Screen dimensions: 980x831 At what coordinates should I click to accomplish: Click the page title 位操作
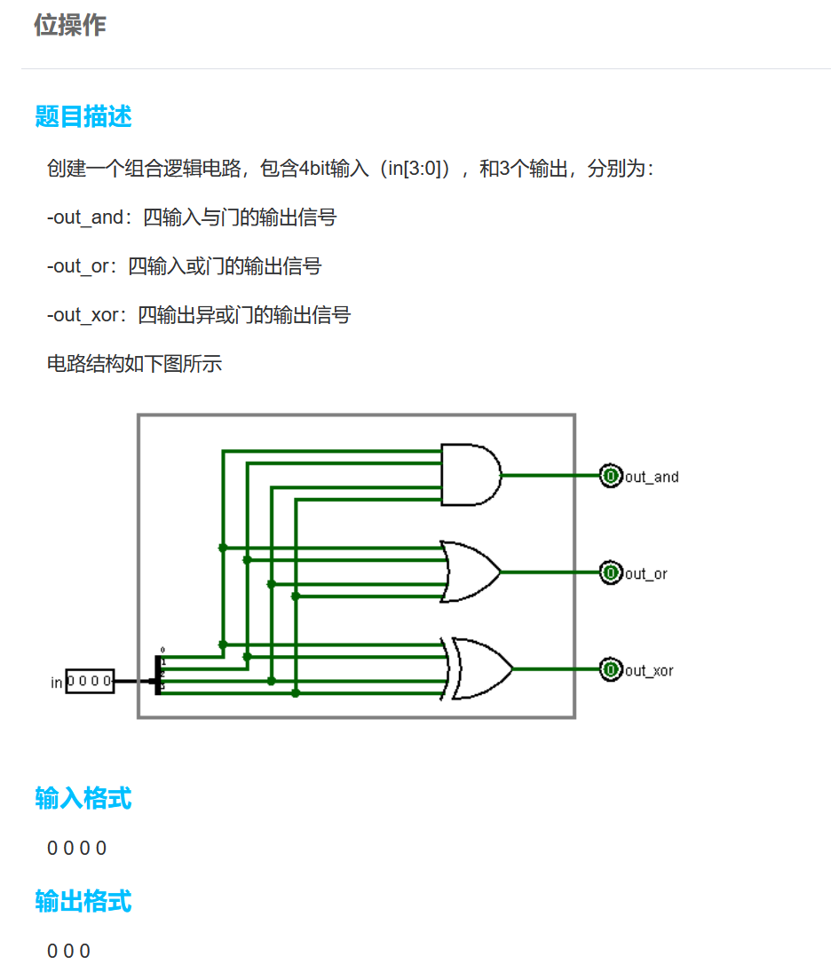(70, 26)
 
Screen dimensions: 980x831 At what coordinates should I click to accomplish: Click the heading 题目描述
(83, 116)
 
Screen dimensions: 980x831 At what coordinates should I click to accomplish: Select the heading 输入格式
(83, 798)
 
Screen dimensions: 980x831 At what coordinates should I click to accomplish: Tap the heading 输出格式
(83, 901)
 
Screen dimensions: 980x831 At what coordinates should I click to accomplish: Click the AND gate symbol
(471, 475)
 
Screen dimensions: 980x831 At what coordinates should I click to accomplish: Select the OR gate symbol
(471, 572)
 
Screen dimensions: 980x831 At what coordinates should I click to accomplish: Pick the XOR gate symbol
(479, 668)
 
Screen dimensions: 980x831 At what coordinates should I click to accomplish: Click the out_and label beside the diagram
(652, 478)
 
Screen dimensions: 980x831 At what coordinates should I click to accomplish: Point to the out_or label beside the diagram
(646, 574)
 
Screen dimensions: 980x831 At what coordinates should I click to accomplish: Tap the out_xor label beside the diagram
(649, 671)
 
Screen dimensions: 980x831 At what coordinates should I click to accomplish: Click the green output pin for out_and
(611, 476)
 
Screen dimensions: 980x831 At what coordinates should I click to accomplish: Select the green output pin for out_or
(611, 573)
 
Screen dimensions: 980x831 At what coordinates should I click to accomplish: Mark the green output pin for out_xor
(611, 669)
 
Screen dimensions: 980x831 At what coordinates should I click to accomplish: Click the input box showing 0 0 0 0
(91, 682)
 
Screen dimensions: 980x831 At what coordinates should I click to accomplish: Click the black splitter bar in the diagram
(158, 676)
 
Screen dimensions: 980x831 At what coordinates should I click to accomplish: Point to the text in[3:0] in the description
(415, 169)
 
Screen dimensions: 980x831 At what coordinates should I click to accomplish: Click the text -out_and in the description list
(85, 217)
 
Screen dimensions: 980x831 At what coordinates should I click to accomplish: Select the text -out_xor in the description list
(83, 315)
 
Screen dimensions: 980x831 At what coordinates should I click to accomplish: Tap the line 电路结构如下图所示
(134, 364)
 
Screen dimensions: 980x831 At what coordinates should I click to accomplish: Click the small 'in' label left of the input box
(57, 683)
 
